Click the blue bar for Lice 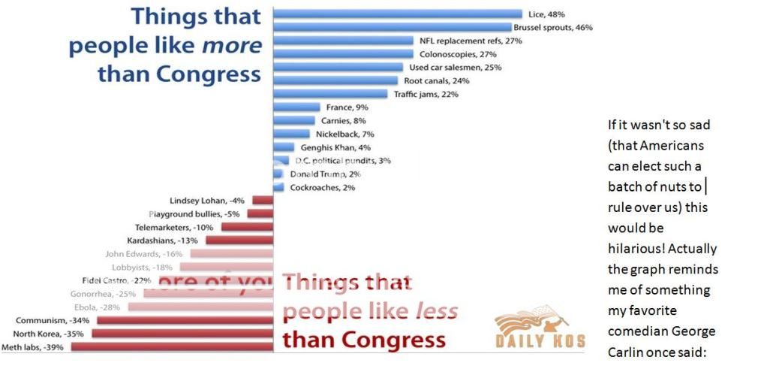pyautogui.click(x=398, y=14)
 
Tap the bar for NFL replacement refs pyautogui.click(x=343, y=41)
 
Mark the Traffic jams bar pyautogui.click(x=331, y=94)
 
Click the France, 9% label pyautogui.click(x=347, y=107)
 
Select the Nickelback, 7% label pyautogui.click(x=342, y=134)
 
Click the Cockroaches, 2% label pyautogui.click(x=323, y=187)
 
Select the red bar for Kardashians pyautogui.click(x=239, y=240)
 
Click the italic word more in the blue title pyautogui.click(x=235, y=45)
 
